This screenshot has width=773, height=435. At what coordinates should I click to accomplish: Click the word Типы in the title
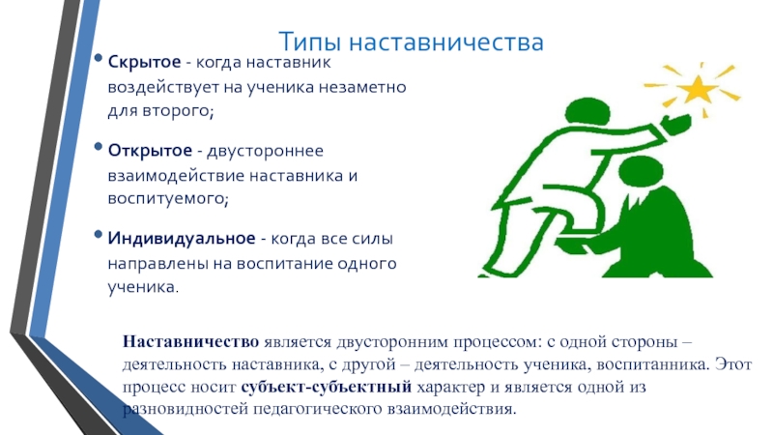tap(309, 42)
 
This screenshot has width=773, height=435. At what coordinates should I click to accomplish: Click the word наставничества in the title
tap(446, 42)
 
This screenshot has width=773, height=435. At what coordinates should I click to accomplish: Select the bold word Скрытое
tap(144, 63)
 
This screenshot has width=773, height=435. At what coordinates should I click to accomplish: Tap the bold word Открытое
tap(150, 151)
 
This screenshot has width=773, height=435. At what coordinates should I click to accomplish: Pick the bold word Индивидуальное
tap(182, 238)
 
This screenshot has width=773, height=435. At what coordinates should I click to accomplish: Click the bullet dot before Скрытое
tap(99, 58)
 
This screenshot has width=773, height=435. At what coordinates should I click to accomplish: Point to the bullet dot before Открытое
tap(99, 147)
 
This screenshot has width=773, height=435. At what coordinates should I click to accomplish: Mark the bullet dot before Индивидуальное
tap(99, 234)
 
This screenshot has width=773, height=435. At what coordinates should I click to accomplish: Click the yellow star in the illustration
tap(696, 89)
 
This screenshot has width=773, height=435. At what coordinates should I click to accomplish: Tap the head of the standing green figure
tap(587, 111)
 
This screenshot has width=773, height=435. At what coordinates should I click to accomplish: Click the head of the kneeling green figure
tap(641, 172)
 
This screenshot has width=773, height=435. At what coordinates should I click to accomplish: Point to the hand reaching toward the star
tap(675, 123)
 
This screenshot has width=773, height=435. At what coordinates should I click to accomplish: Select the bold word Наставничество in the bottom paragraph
tap(190, 341)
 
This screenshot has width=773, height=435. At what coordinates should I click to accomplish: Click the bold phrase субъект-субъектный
tap(327, 387)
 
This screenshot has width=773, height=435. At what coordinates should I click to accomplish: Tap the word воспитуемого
tap(168, 199)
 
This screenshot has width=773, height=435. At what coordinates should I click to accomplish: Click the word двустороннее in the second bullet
tap(265, 151)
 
